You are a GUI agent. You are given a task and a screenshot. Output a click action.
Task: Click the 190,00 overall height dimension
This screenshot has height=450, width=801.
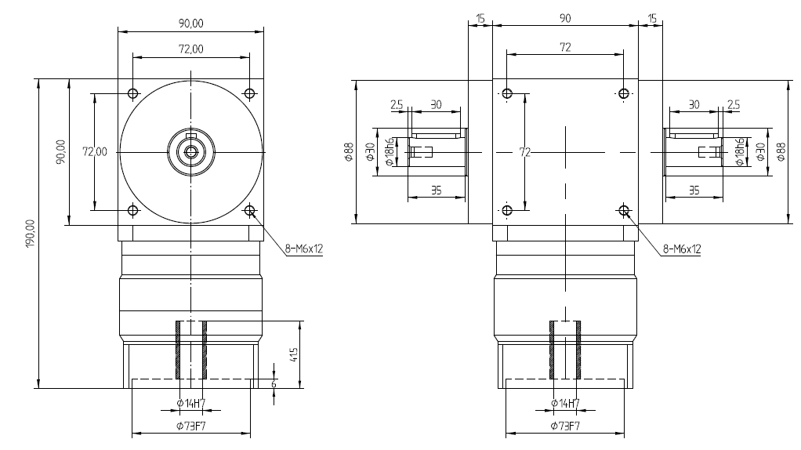(x=31, y=233)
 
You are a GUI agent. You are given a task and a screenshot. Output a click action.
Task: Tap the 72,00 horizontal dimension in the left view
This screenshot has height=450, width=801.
(x=190, y=49)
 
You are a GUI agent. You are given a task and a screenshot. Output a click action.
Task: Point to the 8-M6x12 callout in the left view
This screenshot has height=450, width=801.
(x=304, y=249)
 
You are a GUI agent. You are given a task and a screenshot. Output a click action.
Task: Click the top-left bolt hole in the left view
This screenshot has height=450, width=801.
(x=132, y=94)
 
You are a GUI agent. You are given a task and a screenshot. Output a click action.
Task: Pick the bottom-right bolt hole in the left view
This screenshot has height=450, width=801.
(x=249, y=210)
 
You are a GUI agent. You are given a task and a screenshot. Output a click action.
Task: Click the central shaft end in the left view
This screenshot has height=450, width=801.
(x=190, y=151)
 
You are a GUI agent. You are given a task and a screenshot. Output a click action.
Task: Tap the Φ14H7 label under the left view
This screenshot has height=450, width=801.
(x=191, y=403)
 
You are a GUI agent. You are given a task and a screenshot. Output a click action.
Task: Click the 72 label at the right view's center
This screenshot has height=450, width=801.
(x=525, y=152)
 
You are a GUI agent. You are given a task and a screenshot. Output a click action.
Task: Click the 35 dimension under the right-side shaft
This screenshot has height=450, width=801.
(x=693, y=189)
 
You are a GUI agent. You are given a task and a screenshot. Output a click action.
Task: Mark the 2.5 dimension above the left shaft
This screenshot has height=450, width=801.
(x=397, y=104)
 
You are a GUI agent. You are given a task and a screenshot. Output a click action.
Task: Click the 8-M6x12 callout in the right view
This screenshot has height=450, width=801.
(x=681, y=249)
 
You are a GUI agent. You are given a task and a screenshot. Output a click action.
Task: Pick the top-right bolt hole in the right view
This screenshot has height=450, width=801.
(x=623, y=94)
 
